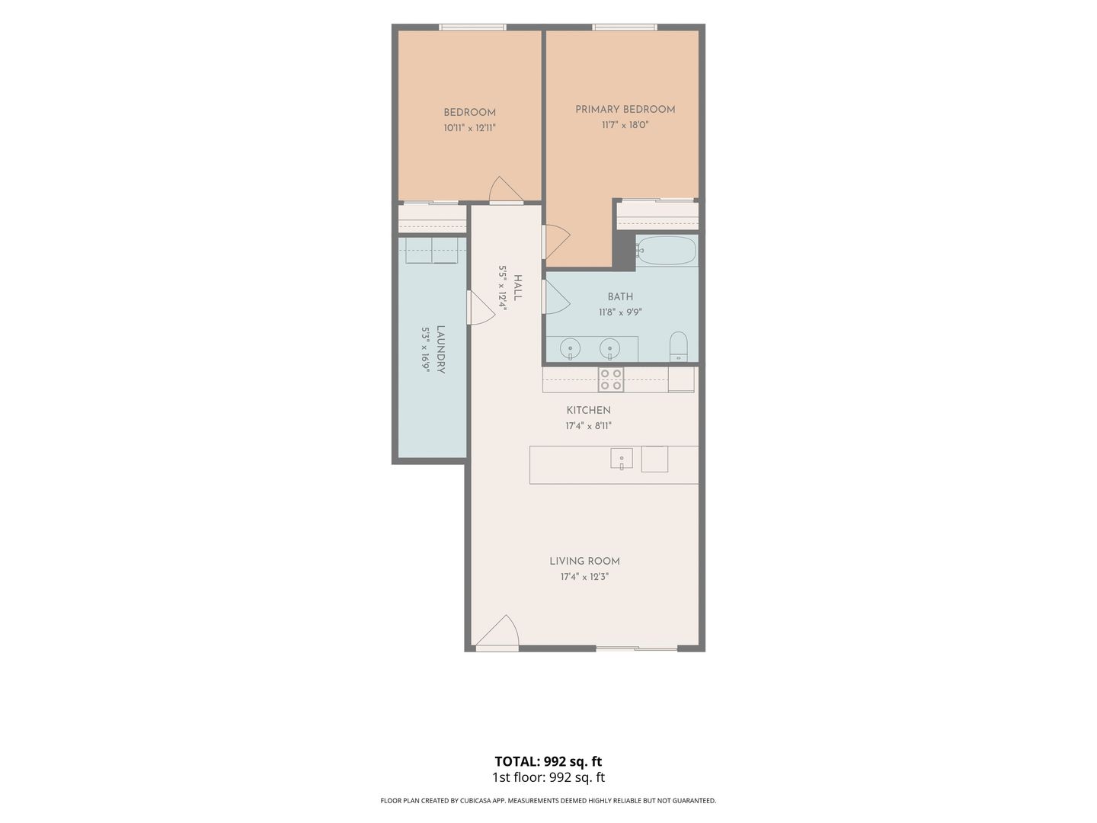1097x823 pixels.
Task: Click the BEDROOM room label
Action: pyautogui.click(x=469, y=113)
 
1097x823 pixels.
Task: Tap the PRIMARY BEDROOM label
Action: pyautogui.click(x=625, y=110)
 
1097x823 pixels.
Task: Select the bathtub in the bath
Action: pyautogui.click(x=666, y=251)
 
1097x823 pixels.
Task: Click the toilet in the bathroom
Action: pyautogui.click(x=678, y=346)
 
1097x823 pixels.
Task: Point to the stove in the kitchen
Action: pyautogui.click(x=611, y=379)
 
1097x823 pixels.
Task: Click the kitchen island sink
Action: pyautogui.click(x=621, y=458)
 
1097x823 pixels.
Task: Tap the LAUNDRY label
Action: pyautogui.click(x=440, y=349)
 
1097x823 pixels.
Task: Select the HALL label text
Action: pyautogui.click(x=518, y=287)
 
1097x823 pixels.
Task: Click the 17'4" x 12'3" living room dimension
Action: pyautogui.click(x=584, y=577)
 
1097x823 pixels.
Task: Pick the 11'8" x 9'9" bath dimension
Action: pyautogui.click(x=620, y=312)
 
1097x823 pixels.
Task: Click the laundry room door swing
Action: pyautogui.click(x=481, y=308)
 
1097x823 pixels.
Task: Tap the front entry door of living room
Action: pyautogui.click(x=497, y=632)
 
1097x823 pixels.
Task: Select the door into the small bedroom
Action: pyautogui.click(x=506, y=190)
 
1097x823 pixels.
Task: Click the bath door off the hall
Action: pyautogui.click(x=556, y=297)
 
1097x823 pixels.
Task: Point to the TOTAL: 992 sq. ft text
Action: pyautogui.click(x=548, y=761)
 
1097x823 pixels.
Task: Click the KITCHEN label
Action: pyautogui.click(x=588, y=410)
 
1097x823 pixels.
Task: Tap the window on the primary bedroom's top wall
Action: pyautogui.click(x=625, y=27)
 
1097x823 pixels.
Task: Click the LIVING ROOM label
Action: pyautogui.click(x=584, y=561)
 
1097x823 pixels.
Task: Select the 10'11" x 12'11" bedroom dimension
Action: pyautogui.click(x=469, y=128)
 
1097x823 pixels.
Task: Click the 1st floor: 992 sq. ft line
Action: pyautogui.click(x=548, y=777)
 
